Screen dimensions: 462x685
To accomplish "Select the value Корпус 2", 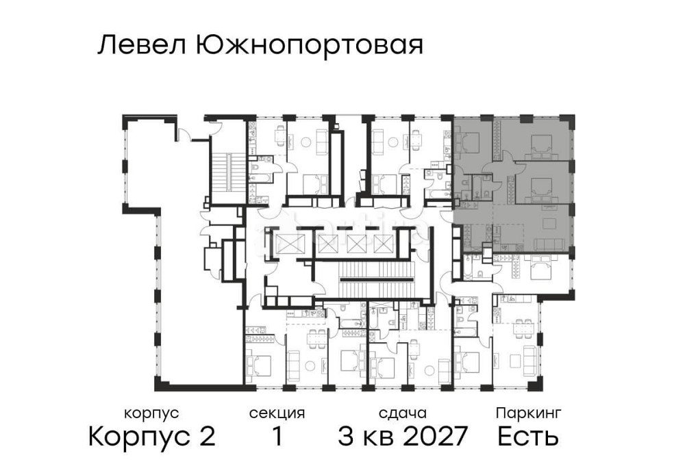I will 152,435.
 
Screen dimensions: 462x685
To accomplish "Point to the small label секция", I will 277,413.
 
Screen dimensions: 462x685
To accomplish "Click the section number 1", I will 277,436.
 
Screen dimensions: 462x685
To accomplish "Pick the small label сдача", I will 403,413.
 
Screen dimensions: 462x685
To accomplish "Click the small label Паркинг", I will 529,413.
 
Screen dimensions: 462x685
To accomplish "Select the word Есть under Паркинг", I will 528,436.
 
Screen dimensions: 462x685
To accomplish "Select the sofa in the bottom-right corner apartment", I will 530,359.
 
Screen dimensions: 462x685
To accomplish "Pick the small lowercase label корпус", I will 151,413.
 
